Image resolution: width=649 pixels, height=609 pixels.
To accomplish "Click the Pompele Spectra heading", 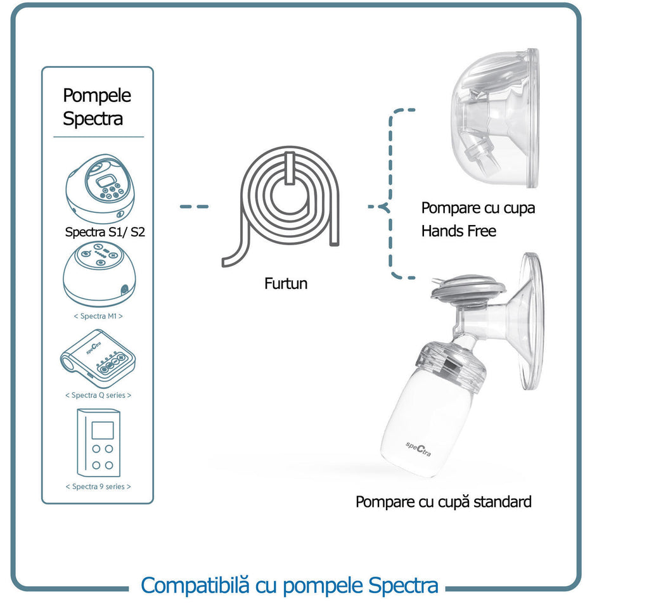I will click(x=96, y=106).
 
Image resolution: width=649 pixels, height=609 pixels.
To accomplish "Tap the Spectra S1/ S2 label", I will click(x=105, y=232).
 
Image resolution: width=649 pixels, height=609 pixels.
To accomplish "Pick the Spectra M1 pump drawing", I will click(x=99, y=273).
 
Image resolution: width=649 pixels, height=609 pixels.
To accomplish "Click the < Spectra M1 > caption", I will click(x=98, y=316).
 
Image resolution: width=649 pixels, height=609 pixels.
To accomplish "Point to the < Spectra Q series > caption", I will click(x=98, y=395).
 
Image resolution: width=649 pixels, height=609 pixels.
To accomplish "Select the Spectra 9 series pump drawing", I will click(x=98, y=442).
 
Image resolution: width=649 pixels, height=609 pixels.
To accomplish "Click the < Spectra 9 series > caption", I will click(x=98, y=487).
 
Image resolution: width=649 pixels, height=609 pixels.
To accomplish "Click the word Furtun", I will click(x=286, y=283).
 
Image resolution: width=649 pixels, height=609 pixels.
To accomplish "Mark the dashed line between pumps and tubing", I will click(x=194, y=207).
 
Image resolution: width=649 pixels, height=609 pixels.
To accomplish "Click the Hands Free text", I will click(x=458, y=231).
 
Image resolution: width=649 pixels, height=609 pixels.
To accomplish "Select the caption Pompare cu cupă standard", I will click(x=443, y=502).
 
